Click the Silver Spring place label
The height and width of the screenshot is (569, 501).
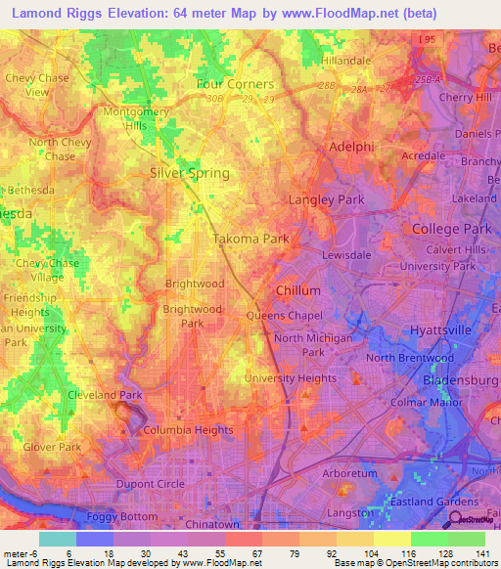pos(190,173)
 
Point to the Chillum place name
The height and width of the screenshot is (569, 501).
pos(298,290)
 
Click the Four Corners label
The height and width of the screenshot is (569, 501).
pos(235,84)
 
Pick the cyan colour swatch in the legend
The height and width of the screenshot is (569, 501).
pos(58,538)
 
